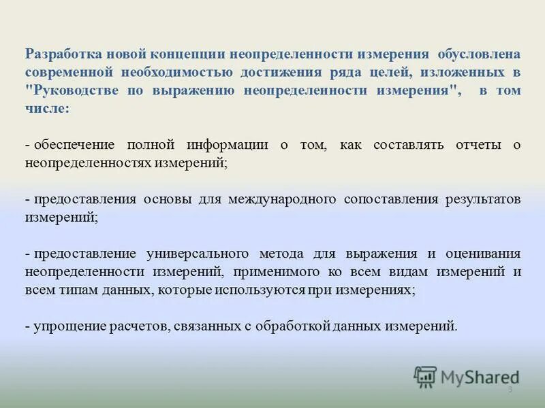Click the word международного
point(282,200)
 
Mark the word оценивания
point(484,254)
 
